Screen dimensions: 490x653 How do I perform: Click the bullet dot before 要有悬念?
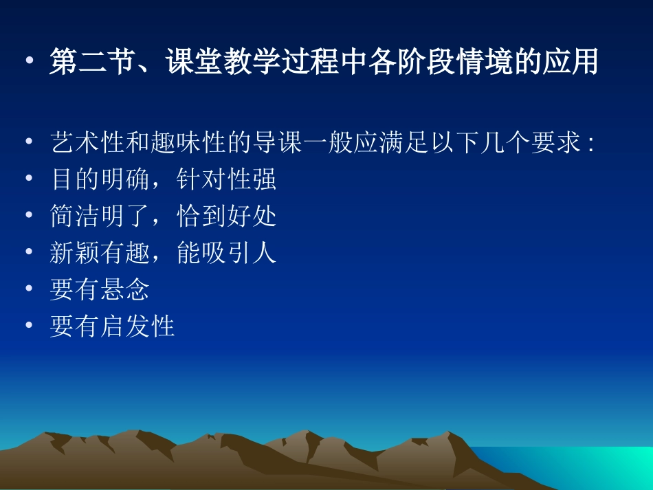pyautogui.click(x=29, y=289)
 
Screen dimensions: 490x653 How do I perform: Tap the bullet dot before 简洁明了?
pyautogui.click(x=29, y=216)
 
